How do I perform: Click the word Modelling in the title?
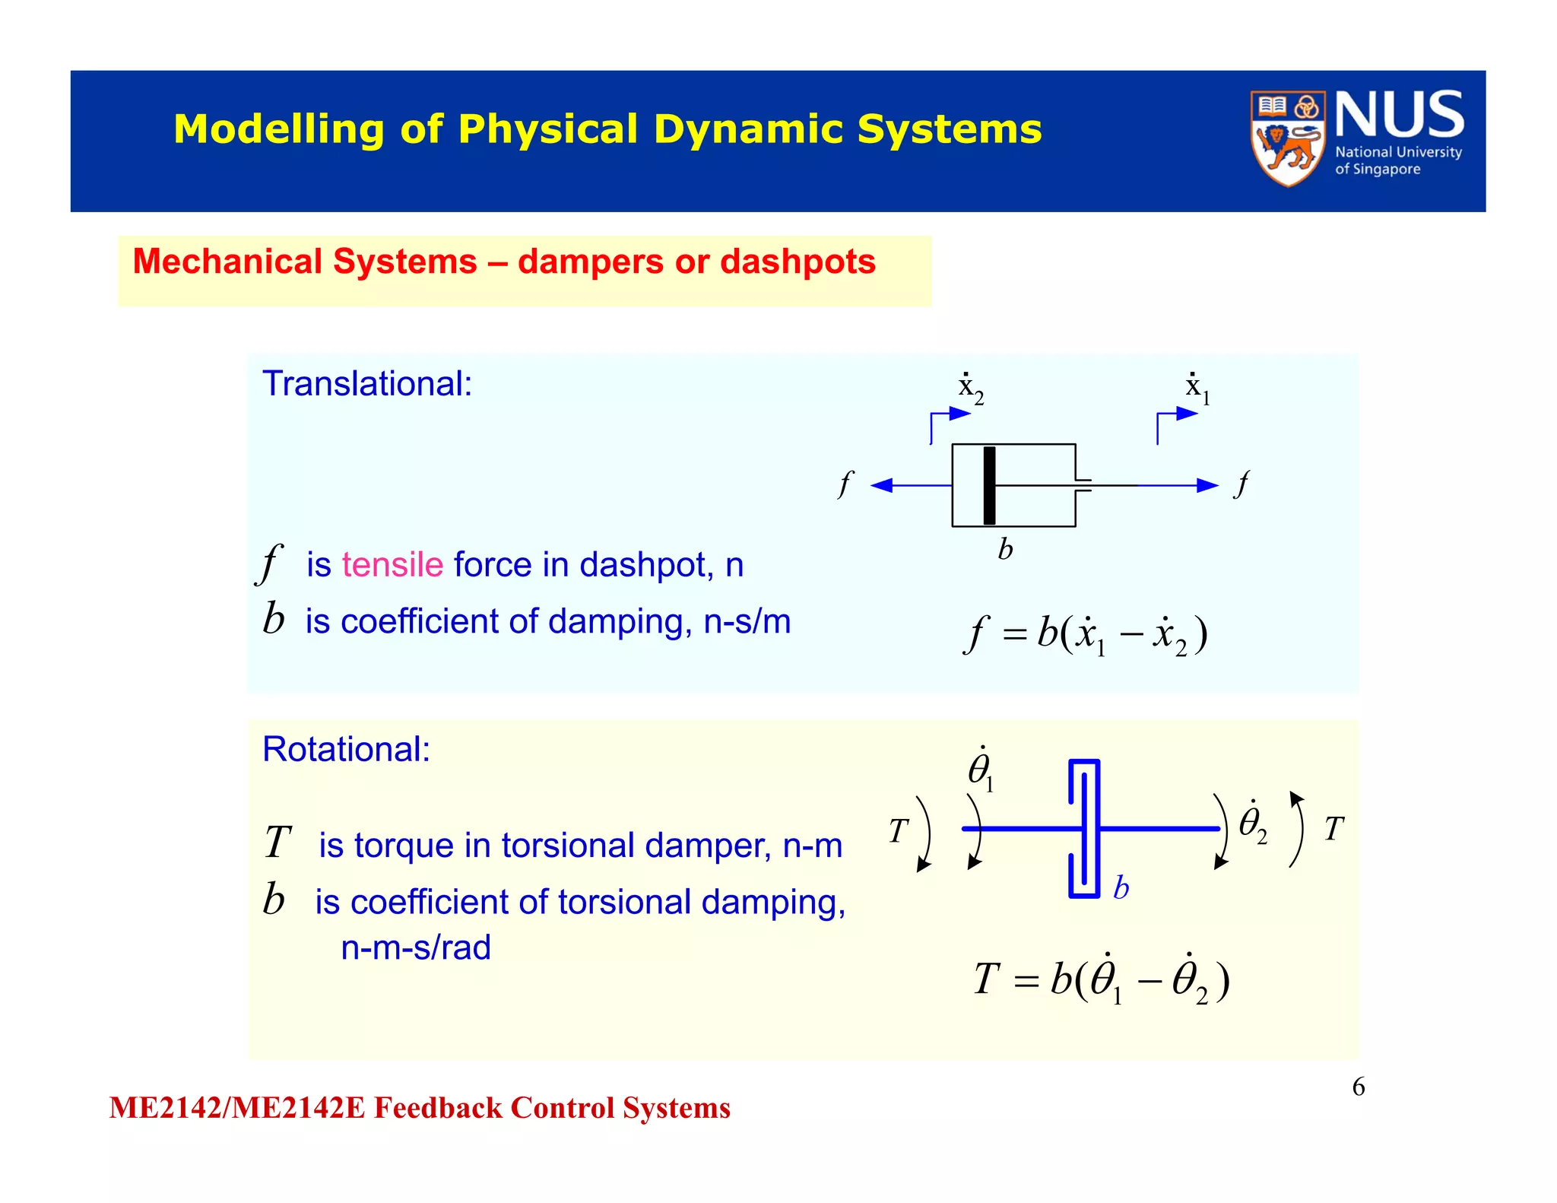[278, 129]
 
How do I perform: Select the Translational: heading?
[367, 383]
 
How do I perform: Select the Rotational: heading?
[346, 749]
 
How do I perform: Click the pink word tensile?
[392, 565]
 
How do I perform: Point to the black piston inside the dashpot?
[988, 485]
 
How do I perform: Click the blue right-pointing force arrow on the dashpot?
[1178, 485]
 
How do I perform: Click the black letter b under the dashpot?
[1005, 549]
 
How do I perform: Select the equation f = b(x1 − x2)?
[1086, 635]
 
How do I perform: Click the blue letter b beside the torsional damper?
[1121, 887]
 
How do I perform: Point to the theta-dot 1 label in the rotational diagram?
[980, 770]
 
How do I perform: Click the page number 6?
[1358, 1087]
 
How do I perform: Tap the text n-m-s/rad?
[415, 947]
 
